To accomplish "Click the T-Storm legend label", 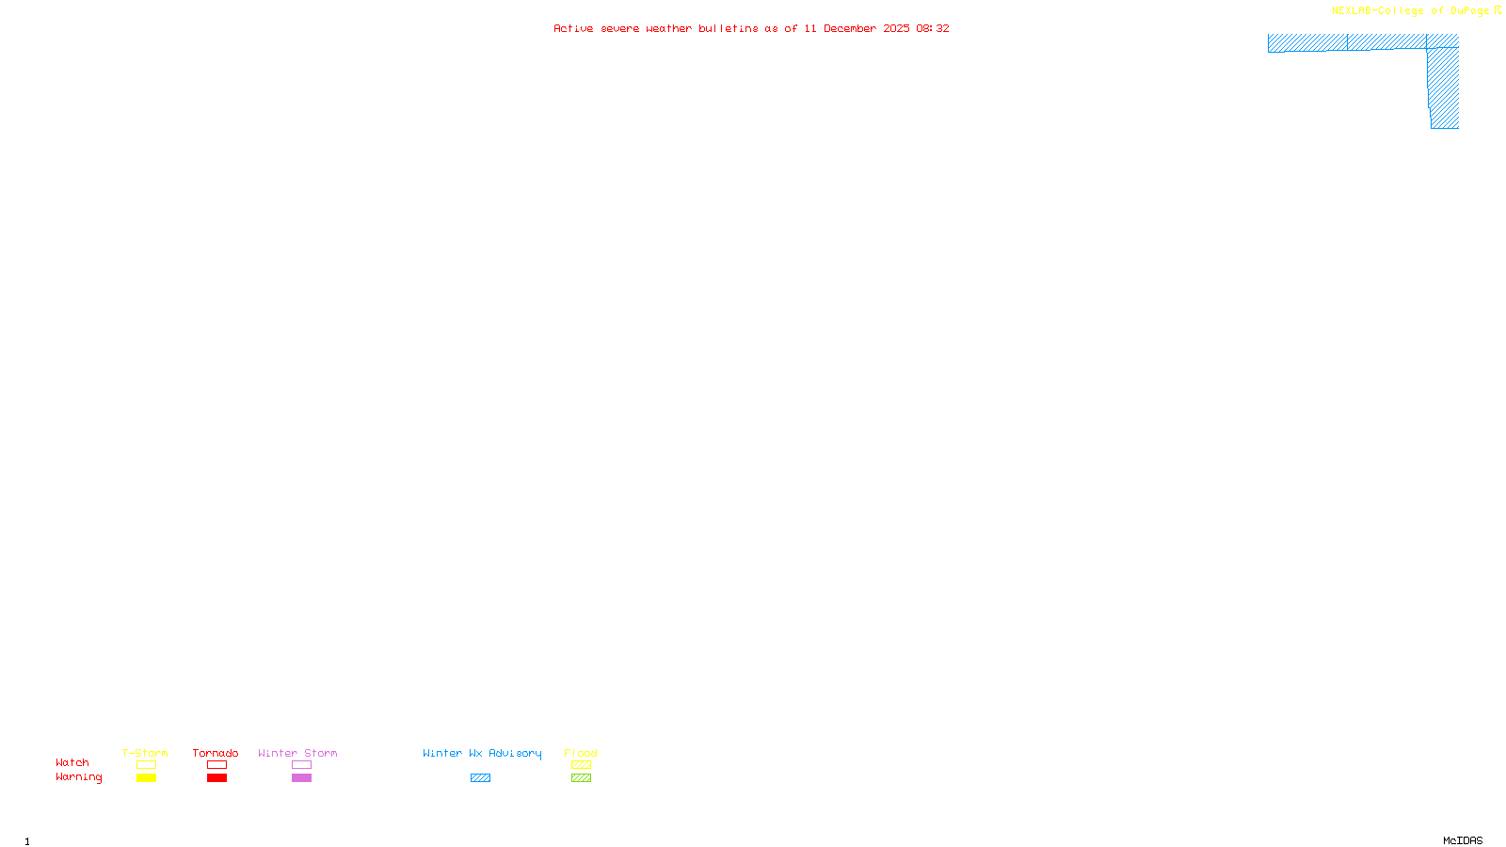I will click(x=145, y=753).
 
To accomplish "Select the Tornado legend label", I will click(x=216, y=753).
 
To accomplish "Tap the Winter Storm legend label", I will click(x=297, y=753).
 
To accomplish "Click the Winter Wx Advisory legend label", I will click(x=482, y=753).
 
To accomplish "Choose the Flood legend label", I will click(x=581, y=753).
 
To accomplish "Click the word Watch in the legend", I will click(x=72, y=762).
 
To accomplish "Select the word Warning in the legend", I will click(x=78, y=777).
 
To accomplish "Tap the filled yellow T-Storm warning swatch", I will click(x=146, y=778).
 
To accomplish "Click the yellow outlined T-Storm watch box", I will click(x=146, y=765).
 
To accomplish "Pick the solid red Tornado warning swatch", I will click(x=217, y=778).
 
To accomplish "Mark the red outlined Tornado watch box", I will click(x=217, y=765).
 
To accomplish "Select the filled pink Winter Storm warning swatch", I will click(x=301, y=778).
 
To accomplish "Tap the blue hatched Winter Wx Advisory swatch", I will click(x=480, y=778).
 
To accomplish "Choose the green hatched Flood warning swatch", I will click(x=581, y=778).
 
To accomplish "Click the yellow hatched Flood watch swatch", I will click(x=581, y=765).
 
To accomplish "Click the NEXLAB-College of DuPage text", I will click(x=1410, y=11).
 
